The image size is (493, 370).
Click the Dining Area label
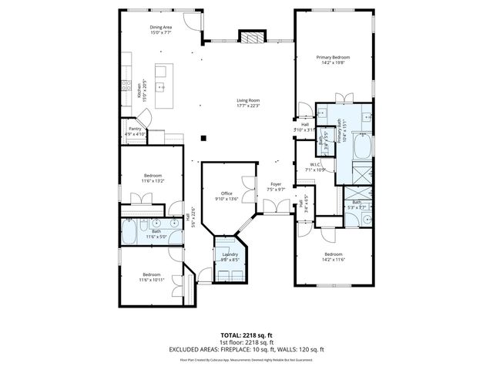click(x=161, y=28)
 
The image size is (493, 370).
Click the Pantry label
click(x=135, y=129)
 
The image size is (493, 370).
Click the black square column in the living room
click(x=203, y=139)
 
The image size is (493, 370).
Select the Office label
click(x=226, y=193)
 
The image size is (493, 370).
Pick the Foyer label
click(x=275, y=185)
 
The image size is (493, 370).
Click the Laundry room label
click(x=230, y=254)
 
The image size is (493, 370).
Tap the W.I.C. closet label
click(x=316, y=164)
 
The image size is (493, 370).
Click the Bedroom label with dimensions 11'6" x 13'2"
click(x=153, y=176)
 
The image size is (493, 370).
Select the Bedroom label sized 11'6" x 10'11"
click(x=151, y=274)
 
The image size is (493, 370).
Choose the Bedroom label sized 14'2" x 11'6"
click(x=334, y=254)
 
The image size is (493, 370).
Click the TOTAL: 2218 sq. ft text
click(x=246, y=335)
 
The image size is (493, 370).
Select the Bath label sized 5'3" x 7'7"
click(x=357, y=203)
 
